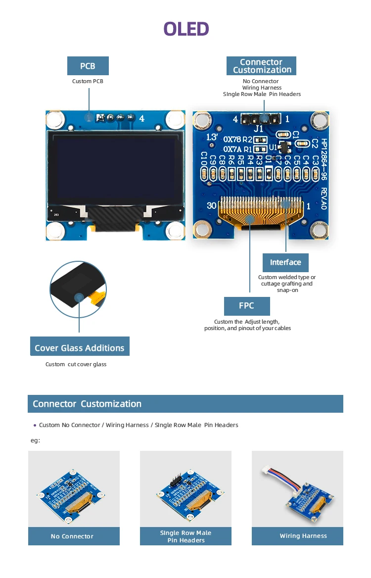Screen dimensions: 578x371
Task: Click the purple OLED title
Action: [x=186, y=29]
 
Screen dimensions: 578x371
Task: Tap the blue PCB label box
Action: [x=88, y=66]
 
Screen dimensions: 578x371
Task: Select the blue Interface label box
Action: [x=285, y=262]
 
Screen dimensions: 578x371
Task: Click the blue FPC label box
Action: [x=246, y=306]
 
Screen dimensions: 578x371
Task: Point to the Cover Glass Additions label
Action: [x=80, y=348]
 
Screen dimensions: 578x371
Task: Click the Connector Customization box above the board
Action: [x=261, y=66]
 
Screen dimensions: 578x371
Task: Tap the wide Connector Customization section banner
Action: [x=185, y=404]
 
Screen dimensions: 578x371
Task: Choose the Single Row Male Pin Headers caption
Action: [x=185, y=536]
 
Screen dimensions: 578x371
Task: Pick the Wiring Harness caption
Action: [x=303, y=536]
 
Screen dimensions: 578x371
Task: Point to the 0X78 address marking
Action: [x=232, y=140]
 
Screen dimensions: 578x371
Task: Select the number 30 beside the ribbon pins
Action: [x=212, y=206]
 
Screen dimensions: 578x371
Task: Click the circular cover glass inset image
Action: [x=78, y=289]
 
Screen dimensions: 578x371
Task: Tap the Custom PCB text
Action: [x=88, y=81]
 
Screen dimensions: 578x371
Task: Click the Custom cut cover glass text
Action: [x=76, y=364]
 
